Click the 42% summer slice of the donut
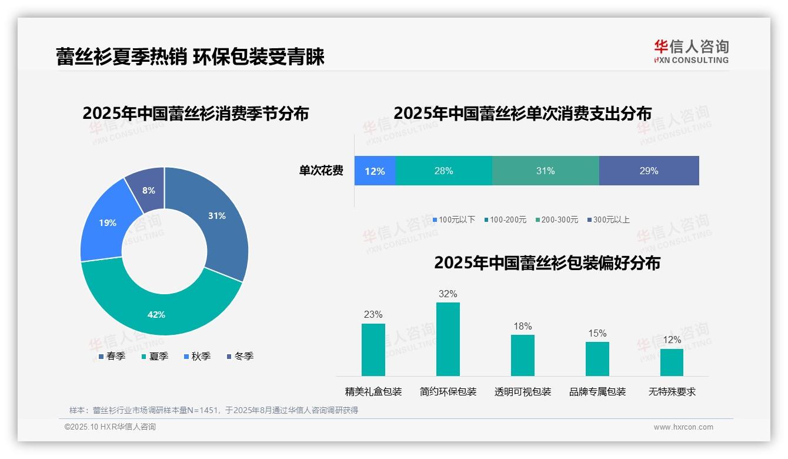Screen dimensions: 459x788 (x=156, y=312)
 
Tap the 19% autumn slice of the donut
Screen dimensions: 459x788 (x=106, y=222)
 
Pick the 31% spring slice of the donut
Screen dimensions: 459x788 (x=218, y=217)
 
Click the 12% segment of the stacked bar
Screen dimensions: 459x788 (x=375, y=171)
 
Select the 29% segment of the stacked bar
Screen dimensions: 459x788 (x=649, y=171)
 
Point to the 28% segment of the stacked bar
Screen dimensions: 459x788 (x=443, y=171)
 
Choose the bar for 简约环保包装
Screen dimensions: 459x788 (x=448, y=339)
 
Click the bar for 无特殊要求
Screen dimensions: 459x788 (x=672, y=362)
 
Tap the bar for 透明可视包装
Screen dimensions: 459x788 (x=522, y=355)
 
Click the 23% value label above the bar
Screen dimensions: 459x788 (x=373, y=314)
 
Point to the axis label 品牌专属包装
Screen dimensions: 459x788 (x=597, y=392)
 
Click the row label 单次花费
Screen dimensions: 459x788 (x=321, y=171)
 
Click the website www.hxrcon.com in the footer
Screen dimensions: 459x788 (x=683, y=427)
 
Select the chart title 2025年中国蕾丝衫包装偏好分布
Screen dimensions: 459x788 (x=547, y=263)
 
